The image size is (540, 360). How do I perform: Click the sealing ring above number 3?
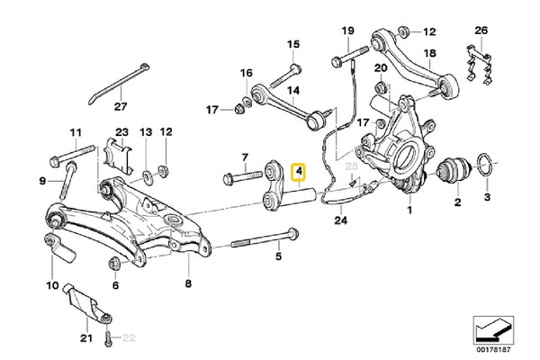point(484,168)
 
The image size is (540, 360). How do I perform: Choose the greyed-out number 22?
point(128,338)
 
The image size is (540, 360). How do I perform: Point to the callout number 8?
point(187,285)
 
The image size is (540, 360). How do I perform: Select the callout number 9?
point(41,182)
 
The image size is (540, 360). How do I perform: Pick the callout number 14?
point(292,91)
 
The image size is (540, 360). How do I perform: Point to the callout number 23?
point(122,132)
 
